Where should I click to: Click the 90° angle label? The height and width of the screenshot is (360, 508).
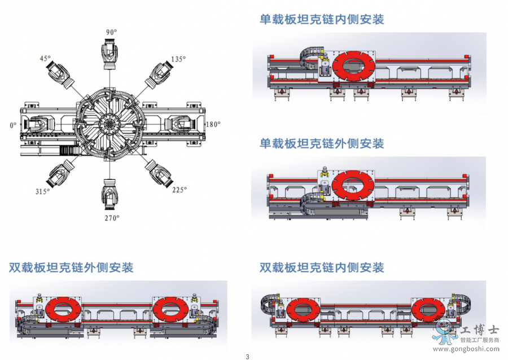point(111,32)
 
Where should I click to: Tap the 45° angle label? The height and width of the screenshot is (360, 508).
point(45,58)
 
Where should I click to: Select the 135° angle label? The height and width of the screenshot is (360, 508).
point(178,59)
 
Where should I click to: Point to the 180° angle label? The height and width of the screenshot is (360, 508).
point(213,124)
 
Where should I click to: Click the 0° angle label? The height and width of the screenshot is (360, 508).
point(13,125)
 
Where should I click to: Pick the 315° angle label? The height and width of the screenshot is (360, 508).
point(43,191)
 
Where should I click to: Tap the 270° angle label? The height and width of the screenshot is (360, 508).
point(112,218)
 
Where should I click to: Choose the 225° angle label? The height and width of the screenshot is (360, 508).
point(179,190)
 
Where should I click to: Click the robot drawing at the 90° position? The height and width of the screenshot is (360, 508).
point(110,54)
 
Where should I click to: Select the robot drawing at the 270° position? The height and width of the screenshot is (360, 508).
point(110,195)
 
